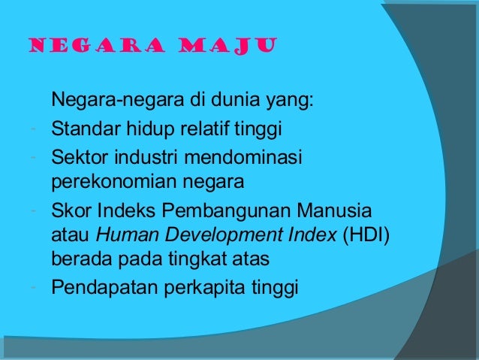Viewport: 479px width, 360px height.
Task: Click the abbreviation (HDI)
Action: (x=366, y=234)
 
